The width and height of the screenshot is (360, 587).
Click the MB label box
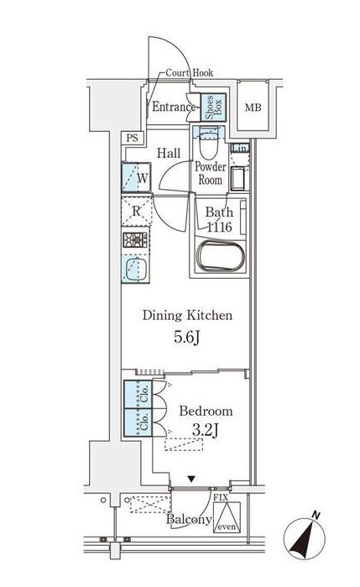[252, 108]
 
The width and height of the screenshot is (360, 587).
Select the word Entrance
[174, 107]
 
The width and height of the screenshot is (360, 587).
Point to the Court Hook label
[189, 73]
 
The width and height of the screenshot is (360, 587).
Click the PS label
[132, 139]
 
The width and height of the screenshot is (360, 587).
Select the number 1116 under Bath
[220, 228]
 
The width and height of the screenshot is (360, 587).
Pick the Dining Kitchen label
[185, 316]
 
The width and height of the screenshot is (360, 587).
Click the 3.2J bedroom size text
[206, 432]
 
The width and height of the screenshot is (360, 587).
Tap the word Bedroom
[206, 411]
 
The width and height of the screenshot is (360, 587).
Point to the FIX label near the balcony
[221, 498]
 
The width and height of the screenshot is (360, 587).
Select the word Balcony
[188, 521]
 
